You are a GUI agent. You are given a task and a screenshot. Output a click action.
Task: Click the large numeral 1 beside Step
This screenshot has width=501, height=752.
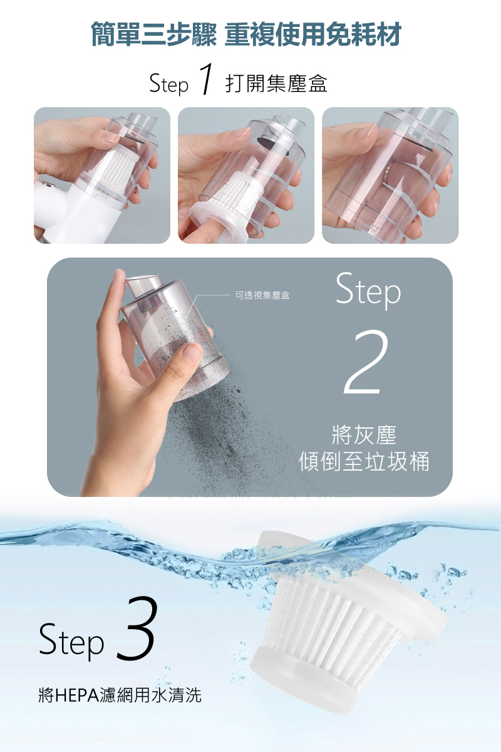click(205, 79)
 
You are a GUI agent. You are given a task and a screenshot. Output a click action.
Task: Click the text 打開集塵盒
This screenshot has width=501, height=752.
click(276, 83)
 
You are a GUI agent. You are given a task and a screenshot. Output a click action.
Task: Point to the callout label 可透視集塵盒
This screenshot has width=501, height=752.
click(262, 295)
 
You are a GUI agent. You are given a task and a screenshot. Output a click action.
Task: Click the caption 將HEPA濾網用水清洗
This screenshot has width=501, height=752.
click(120, 694)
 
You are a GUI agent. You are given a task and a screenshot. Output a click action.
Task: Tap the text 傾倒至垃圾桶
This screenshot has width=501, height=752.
click(364, 462)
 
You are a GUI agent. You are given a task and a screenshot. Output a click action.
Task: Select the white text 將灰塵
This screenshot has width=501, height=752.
click(364, 436)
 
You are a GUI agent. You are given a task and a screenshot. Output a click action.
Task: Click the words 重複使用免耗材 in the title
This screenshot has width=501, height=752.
click(312, 34)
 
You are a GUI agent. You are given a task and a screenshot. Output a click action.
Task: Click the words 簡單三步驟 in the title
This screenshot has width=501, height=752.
click(154, 34)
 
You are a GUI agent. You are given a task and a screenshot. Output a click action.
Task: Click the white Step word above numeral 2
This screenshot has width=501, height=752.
click(368, 291)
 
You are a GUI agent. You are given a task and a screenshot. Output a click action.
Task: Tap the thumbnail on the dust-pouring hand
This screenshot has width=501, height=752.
click(192, 352)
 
